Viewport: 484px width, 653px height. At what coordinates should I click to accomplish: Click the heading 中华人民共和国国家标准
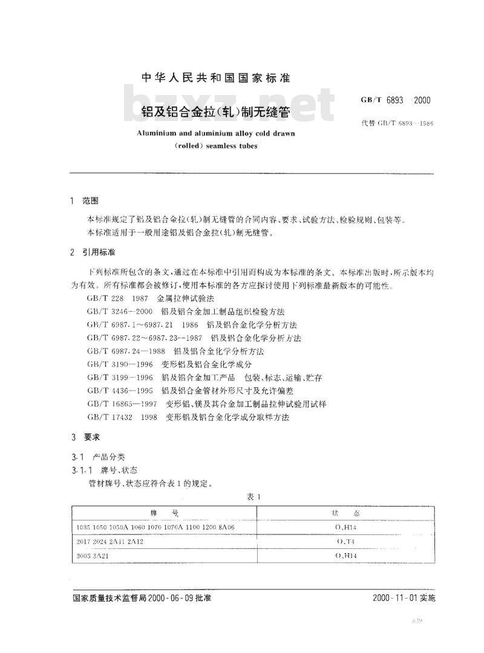point(215,78)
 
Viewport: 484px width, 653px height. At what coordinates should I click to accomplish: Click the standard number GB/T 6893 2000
point(392,100)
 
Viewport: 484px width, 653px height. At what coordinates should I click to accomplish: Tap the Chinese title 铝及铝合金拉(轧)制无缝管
point(215,113)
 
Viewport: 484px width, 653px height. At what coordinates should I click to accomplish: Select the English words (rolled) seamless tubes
point(215,146)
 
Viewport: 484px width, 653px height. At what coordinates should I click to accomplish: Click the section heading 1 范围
point(85,200)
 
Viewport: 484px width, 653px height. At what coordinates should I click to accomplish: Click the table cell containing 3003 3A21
point(94,556)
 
